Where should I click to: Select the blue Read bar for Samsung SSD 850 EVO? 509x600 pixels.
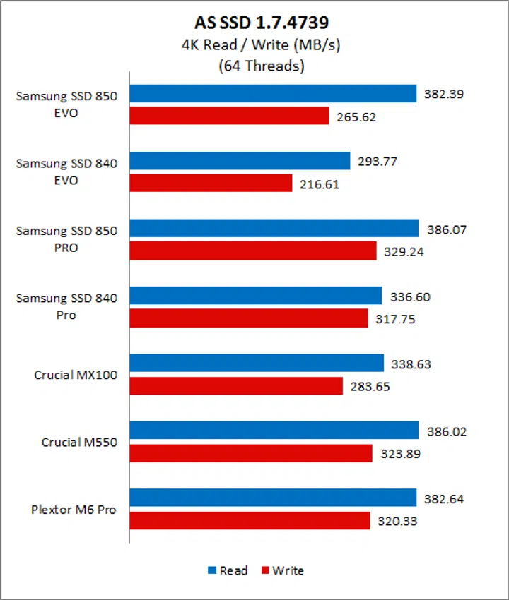(x=272, y=94)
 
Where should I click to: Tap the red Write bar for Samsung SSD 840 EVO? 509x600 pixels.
(x=211, y=184)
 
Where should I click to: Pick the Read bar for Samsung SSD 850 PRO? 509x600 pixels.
(x=274, y=229)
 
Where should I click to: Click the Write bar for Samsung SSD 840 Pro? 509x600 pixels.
(x=248, y=318)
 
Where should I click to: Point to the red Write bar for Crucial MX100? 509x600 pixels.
(x=235, y=386)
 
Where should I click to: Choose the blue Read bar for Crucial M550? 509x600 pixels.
(x=274, y=431)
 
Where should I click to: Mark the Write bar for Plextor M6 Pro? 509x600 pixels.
(x=250, y=521)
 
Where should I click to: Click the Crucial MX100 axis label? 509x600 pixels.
(x=76, y=376)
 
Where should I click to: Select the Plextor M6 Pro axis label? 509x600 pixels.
(x=74, y=510)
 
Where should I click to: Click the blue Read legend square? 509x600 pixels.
(x=212, y=570)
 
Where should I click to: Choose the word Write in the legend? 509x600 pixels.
(x=289, y=570)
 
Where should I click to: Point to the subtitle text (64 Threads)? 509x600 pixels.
(x=254, y=67)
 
